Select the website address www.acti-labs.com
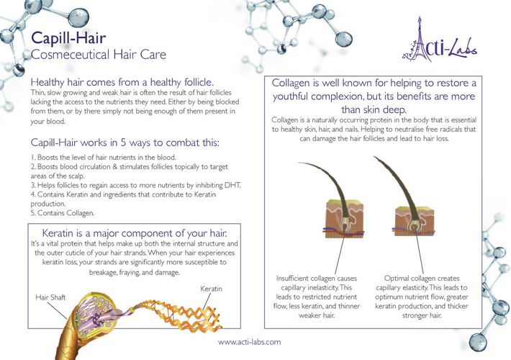[x=249, y=342]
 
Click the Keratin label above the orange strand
[x=212, y=289]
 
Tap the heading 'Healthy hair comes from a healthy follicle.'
[x=122, y=83]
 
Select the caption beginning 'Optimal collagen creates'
[x=422, y=278]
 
